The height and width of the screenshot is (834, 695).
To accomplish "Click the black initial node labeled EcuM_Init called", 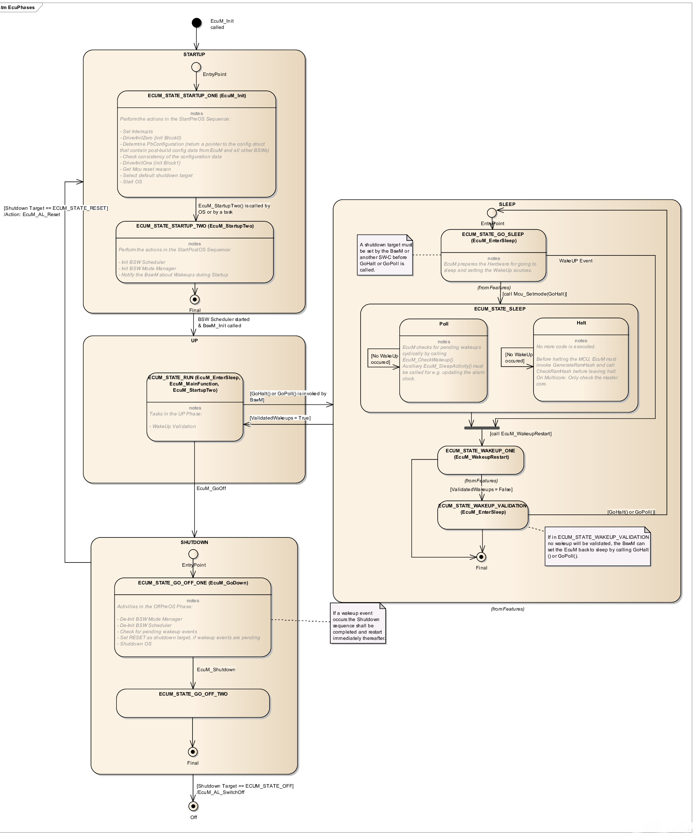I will pyautogui.click(x=196, y=23).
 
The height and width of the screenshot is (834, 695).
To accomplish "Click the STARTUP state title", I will pyautogui.click(x=194, y=54).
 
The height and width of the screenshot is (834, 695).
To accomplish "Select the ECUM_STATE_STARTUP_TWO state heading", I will pyautogui.click(x=195, y=226).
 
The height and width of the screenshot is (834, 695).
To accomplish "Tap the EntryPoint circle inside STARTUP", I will pyautogui.click(x=196, y=67).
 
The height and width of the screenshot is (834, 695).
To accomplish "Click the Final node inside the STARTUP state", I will pyautogui.click(x=195, y=299).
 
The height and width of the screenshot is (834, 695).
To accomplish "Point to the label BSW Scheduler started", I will pyautogui.click(x=223, y=319).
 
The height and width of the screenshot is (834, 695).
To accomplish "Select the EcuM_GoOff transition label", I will pyautogui.click(x=211, y=489).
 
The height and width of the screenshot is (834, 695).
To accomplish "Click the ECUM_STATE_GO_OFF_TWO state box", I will pyautogui.click(x=193, y=703).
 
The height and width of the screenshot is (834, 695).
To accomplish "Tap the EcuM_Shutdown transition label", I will pyautogui.click(x=216, y=670).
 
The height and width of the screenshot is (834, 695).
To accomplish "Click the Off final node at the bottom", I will pyautogui.click(x=193, y=806).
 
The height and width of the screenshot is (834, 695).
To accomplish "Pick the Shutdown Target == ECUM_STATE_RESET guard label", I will pyautogui.click(x=56, y=208).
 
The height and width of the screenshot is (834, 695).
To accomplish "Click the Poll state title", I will pyautogui.click(x=444, y=324).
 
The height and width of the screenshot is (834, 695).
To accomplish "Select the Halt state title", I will pyautogui.click(x=581, y=323).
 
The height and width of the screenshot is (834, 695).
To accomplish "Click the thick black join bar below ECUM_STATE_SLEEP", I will pyautogui.click(x=482, y=428).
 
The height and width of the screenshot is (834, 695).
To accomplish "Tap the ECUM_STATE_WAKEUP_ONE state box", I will pyautogui.click(x=481, y=460).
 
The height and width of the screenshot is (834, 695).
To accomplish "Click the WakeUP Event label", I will pyautogui.click(x=575, y=261).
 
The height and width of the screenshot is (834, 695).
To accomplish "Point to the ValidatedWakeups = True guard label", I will pyautogui.click(x=280, y=418).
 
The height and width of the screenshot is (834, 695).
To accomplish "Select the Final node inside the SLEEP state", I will pyautogui.click(x=481, y=557).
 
